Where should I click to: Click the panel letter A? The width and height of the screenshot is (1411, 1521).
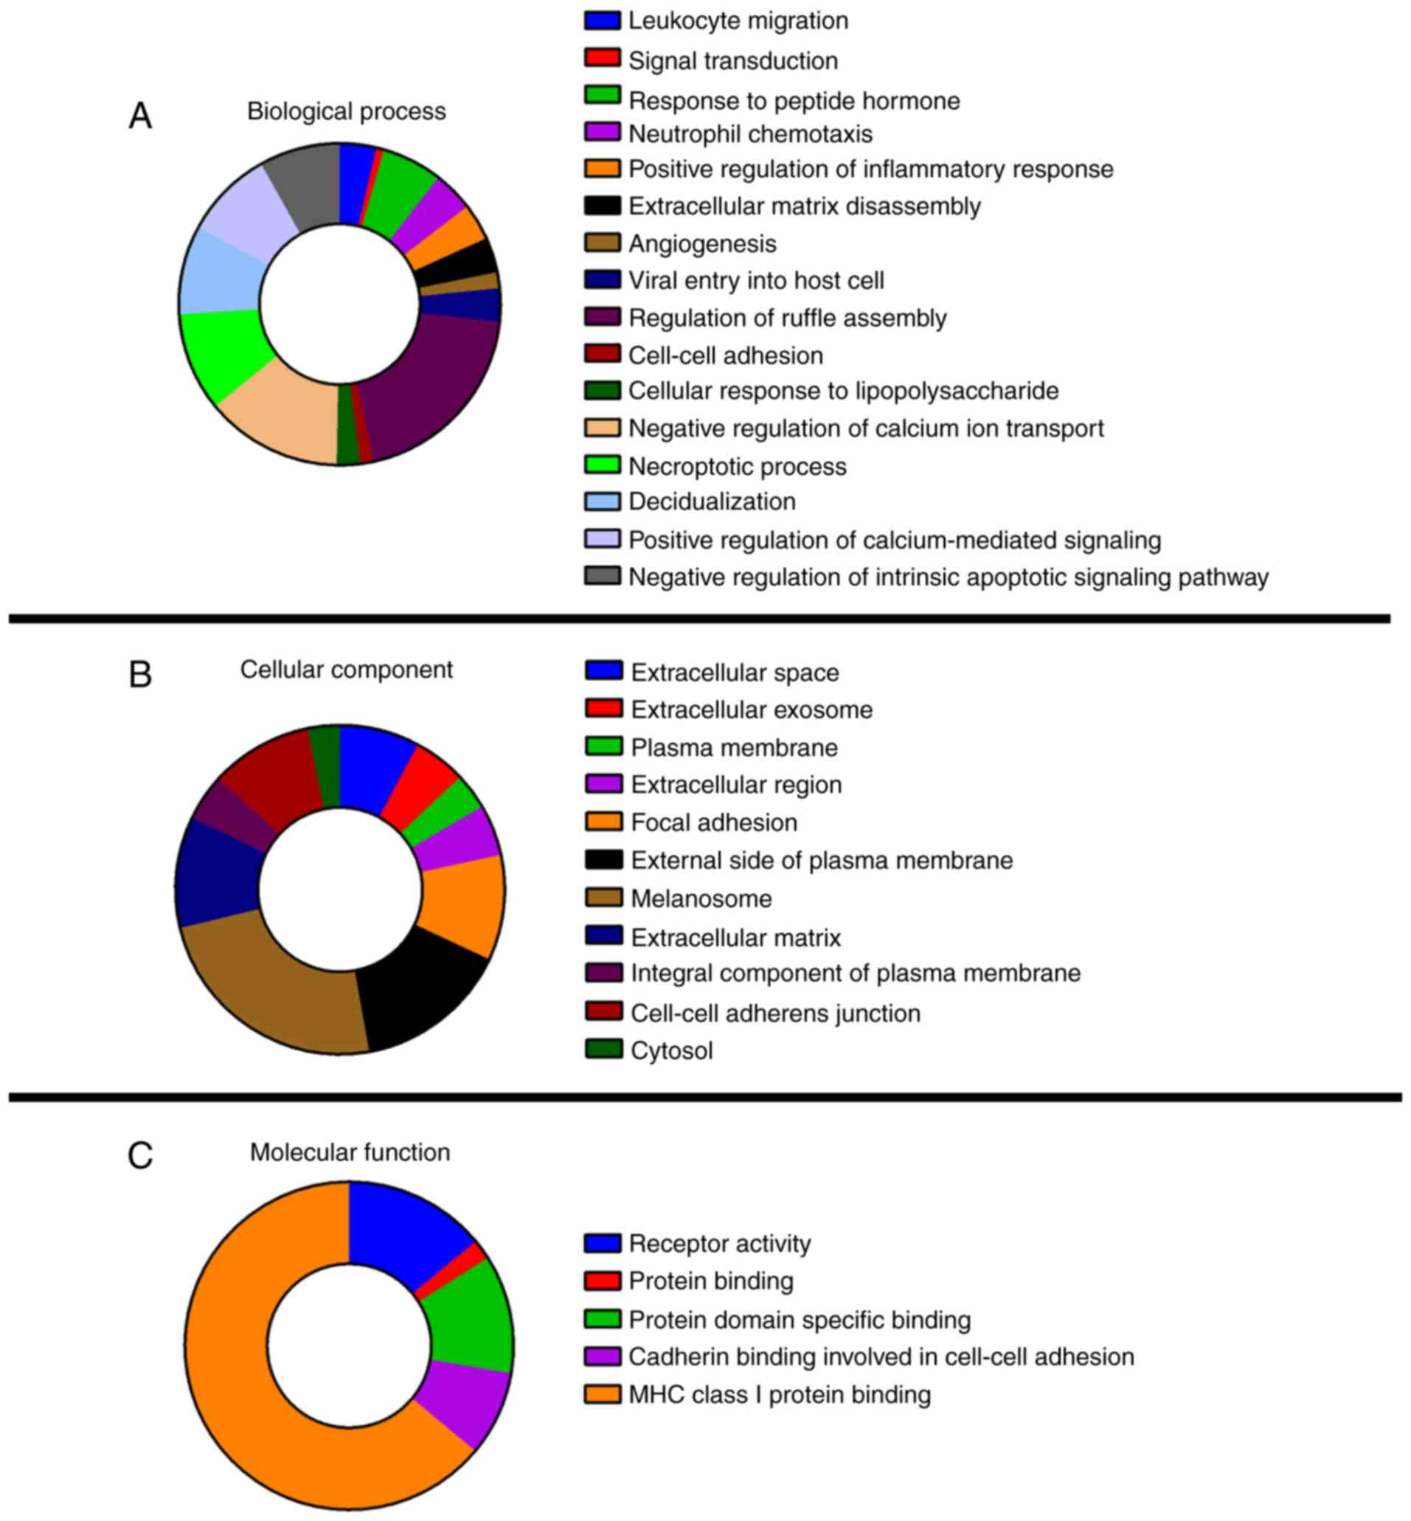[x=139, y=116]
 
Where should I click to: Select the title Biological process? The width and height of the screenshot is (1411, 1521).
[x=346, y=111]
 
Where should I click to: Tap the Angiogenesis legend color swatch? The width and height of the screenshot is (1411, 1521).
[x=602, y=243]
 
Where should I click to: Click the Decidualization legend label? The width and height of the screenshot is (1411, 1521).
[x=712, y=501]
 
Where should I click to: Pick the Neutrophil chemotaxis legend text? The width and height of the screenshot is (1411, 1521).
[x=750, y=134]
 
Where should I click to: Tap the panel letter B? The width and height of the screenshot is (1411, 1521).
[x=139, y=675]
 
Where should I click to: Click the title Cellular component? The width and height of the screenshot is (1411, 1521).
[x=346, y=670]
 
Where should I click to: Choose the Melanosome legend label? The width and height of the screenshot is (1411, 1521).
[x=701, y=899]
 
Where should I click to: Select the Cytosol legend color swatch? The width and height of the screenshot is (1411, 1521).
[x=603, y=1049]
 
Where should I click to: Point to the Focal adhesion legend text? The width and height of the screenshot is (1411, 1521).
[x=714, y=823]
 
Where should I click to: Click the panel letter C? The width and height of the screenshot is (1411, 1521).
[x=139, y=1156]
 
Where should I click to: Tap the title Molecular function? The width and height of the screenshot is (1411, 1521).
[x=350, y=1152]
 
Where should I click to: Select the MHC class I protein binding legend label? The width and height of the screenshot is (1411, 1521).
[x=780, y=1395]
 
